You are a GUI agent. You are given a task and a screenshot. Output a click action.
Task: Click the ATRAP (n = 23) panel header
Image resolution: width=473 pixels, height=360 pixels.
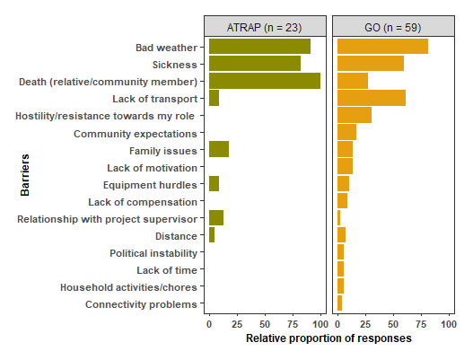point(265,26)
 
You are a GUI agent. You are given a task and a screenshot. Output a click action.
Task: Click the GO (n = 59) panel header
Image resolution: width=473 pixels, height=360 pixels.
point(393,26)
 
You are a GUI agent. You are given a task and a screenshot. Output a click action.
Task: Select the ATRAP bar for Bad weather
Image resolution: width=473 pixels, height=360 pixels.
point(259,47)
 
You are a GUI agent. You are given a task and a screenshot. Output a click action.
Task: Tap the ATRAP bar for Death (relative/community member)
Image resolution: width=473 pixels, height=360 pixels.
point(265,81)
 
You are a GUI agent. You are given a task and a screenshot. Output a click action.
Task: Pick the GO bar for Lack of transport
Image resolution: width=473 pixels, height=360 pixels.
point(371,98)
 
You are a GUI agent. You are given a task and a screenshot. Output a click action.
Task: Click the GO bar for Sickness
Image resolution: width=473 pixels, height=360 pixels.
point(370,64)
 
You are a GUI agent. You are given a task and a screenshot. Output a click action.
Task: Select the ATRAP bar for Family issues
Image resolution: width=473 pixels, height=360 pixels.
point(219,150)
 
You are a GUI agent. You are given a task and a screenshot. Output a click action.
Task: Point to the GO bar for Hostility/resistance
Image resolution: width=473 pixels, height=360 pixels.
point(354,115)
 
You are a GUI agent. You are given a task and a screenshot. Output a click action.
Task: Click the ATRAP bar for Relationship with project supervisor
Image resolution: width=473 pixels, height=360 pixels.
point(216,218)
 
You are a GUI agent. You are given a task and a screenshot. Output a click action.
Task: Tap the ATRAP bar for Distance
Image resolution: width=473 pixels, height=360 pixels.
point(212,235)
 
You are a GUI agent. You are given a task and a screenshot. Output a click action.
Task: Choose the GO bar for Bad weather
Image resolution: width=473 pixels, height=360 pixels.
point(382,47)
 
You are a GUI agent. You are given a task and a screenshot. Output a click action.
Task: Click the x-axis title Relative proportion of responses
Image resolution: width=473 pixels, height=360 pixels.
point(328,339)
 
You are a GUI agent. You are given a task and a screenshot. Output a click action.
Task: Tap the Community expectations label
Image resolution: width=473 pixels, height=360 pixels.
point(135,133)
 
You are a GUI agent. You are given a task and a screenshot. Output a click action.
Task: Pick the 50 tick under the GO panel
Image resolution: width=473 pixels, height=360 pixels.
point(393,323)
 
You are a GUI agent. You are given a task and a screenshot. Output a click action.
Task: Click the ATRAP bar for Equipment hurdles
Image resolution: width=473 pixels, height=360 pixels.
point(214,184)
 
